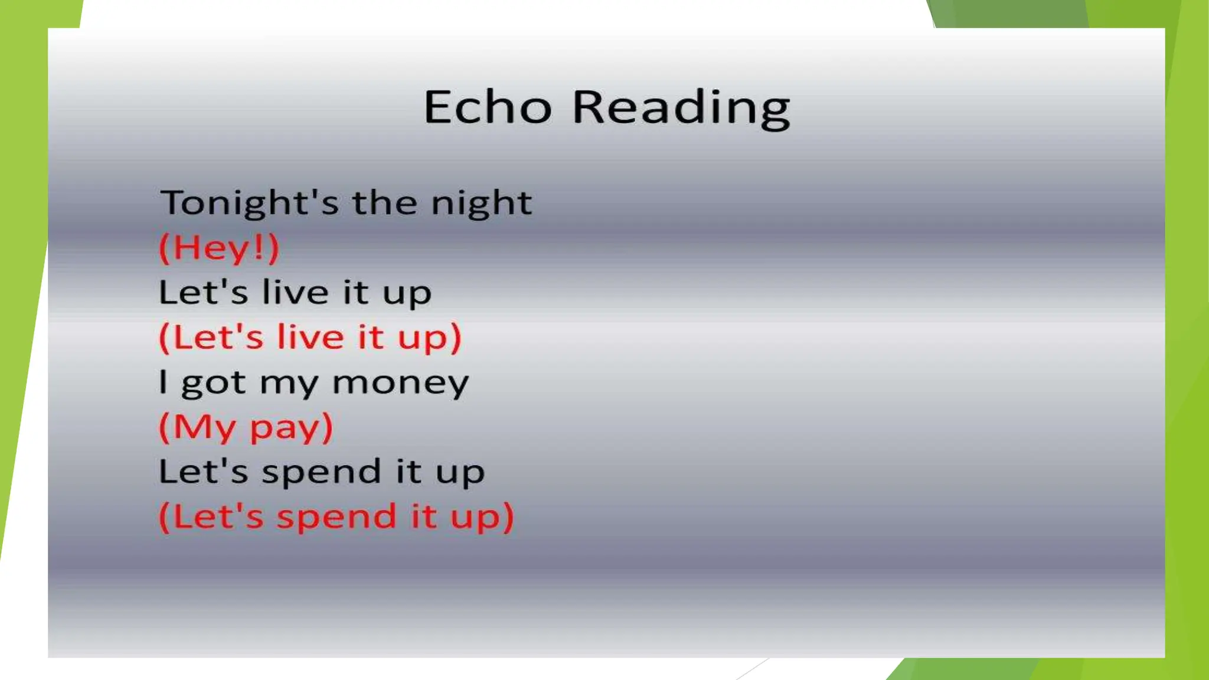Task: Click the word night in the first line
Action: pyautogui.click(x=481, y=204)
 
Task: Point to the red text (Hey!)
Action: pyautogui.click(x=219, y=248)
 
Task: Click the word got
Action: pyautogui.click(x=213, y=384)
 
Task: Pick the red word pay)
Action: pyautogui.click(x=292, y=427)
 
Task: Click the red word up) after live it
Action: pyautogui.click(x=429, y=338)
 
